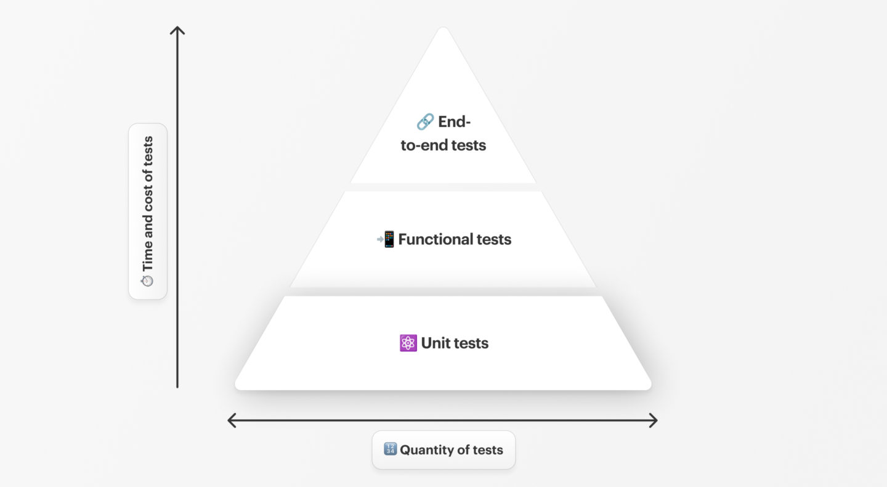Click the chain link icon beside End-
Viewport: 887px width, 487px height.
(x=425, y=122)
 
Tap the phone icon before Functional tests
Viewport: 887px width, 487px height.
(x=386, y=239)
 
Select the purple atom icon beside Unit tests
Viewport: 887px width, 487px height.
(x=408, y=343)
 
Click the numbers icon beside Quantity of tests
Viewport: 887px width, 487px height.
(x=390, y=449)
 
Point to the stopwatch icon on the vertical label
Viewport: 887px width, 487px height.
(x=147, y=280)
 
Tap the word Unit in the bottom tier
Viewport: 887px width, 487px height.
(x=435, y=343)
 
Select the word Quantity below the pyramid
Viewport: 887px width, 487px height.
(x=427, y=450)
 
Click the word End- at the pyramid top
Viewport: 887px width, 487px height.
(x=454, y=122)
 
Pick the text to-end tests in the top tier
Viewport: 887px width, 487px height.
(x=443, y=145)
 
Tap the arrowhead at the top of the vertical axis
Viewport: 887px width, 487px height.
(x=177, y=30)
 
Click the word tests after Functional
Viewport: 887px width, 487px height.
(x=493, y=239)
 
